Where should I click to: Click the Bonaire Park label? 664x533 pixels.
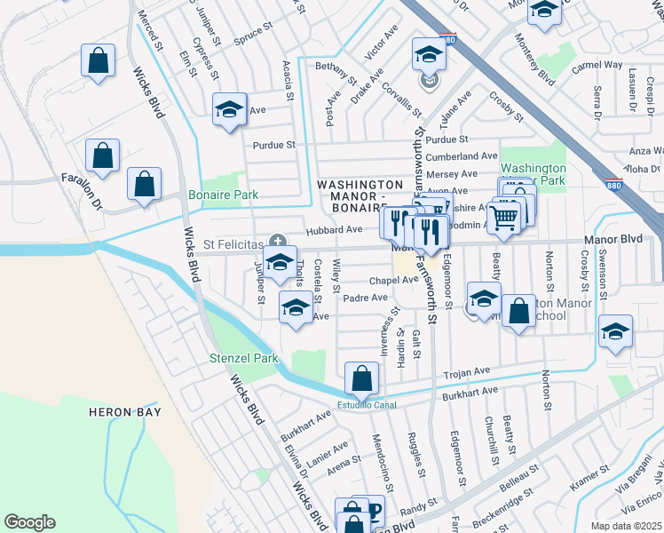pyautogui.click(x=223, y=194)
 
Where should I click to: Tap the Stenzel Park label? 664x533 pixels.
pyautogui.click(x=243, y=359)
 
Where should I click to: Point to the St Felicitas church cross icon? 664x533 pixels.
pyautogui.click(x=277, y=240)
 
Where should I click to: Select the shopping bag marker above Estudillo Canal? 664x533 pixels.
pyautogui.click(x=362, y=380)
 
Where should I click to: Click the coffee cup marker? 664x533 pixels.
pyautogui.click(x=371, y=511)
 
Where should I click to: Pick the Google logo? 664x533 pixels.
pyautogui.click(x=29, y=522)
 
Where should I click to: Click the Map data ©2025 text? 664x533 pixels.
pyautogui.click(x=626, y=526)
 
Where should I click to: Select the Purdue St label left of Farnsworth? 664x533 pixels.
pyautogui.click(x=273, y=145)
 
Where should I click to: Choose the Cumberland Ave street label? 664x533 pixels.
pyautogui.click(x=462, y=155)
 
